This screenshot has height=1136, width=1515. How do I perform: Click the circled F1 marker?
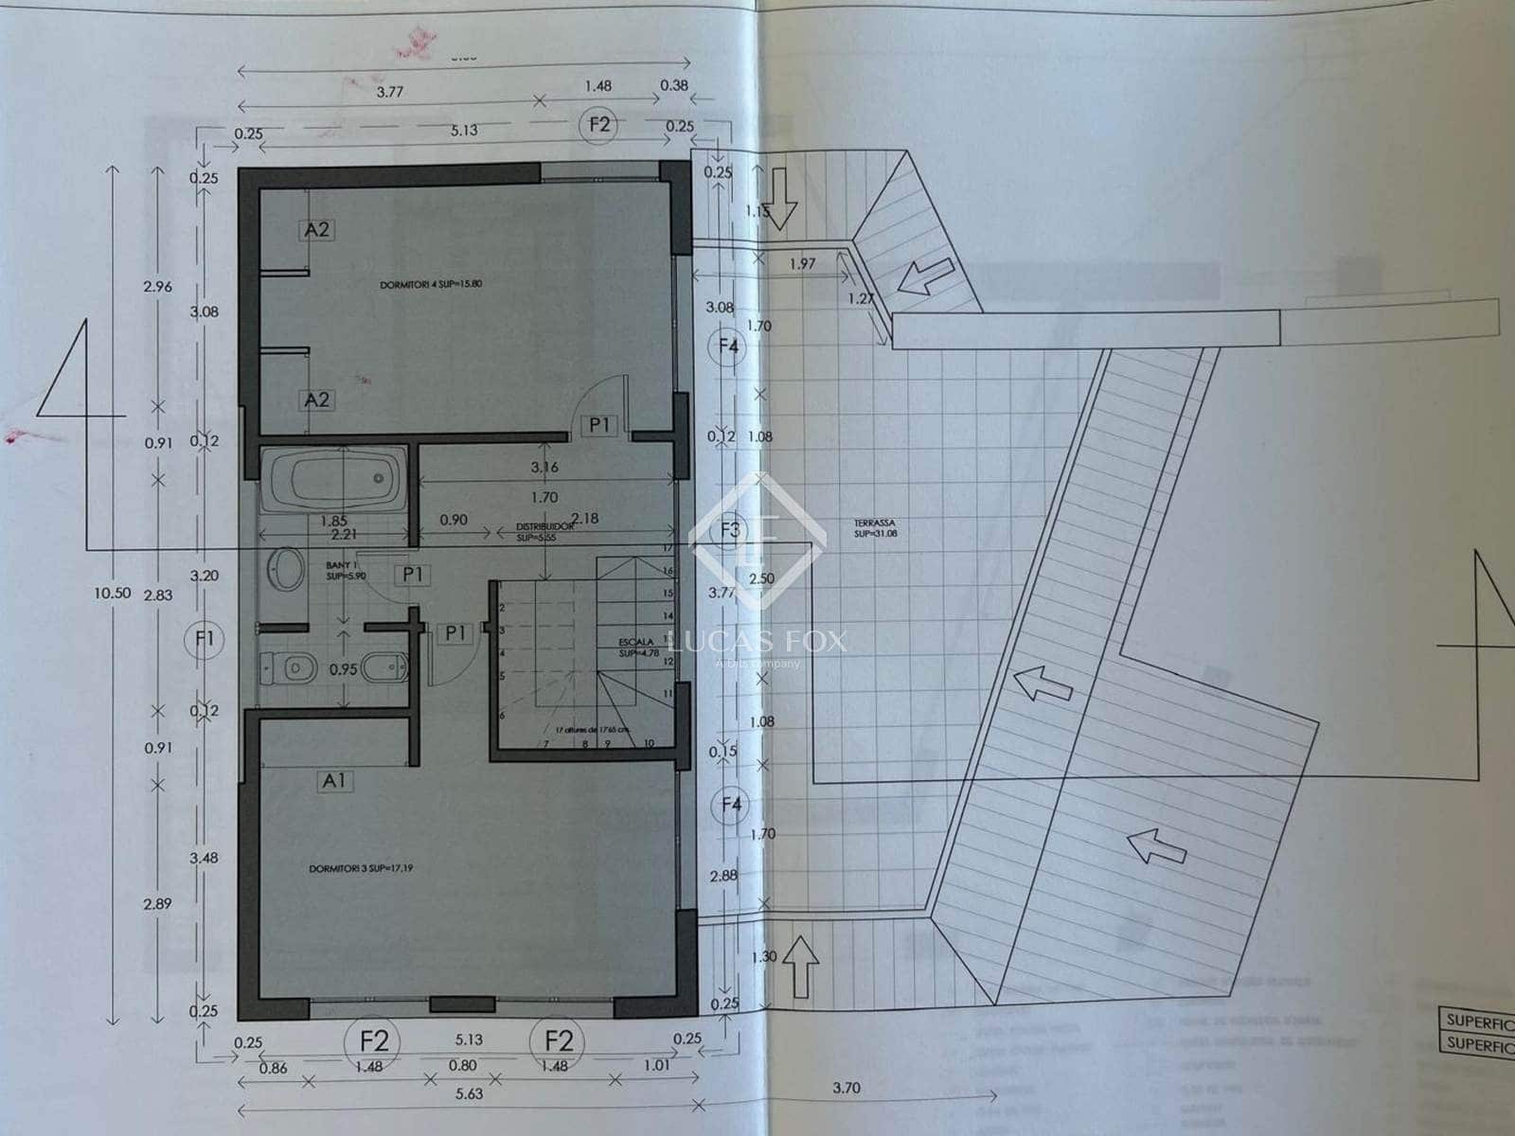(x=205, y=639)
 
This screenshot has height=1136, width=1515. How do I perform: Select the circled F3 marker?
(x=730, y=529)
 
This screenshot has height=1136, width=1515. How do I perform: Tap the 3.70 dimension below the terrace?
(x=846, y=1088)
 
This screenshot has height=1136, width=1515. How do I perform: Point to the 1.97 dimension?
(x=802, y=263)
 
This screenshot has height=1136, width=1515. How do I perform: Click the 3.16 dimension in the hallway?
(x=544, y=467)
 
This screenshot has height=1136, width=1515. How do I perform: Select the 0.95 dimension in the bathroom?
(x=343, y=670)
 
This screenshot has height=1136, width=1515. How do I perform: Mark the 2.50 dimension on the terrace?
(x=761, y=579)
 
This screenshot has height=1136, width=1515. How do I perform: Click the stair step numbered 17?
(x=668, y=549)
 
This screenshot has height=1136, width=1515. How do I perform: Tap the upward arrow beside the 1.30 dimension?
(x=802, y=967)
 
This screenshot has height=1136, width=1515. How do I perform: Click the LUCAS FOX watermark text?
(x=757, y=641)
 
